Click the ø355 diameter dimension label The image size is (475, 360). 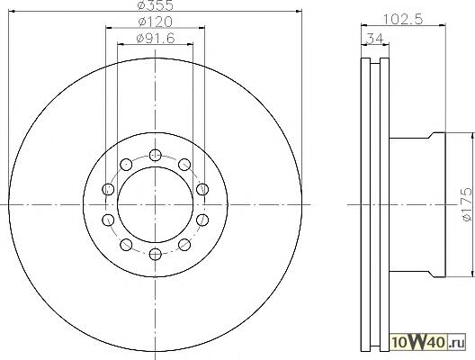pyautogui.click(x=155, y=5)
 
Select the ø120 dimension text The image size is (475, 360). pyautogui.click(x=155, y=22)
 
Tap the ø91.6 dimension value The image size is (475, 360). pyautogui.click(x=156, y=38)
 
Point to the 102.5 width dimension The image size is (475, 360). pyautogui.click(x=403, y=20)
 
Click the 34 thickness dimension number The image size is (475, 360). pyautogui.click(x=375, y=39)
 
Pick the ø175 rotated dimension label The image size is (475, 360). pyautogui.click(x=467, y=204)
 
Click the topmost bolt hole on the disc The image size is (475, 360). pyautogui.click(x=156, y=155)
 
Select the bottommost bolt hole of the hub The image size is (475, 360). pyautogui.click(x=156, y=254)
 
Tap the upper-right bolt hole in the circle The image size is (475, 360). pyautogui.click(x=184, y=165)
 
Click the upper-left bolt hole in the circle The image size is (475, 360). pyautogui.click(x=126, y=165)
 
